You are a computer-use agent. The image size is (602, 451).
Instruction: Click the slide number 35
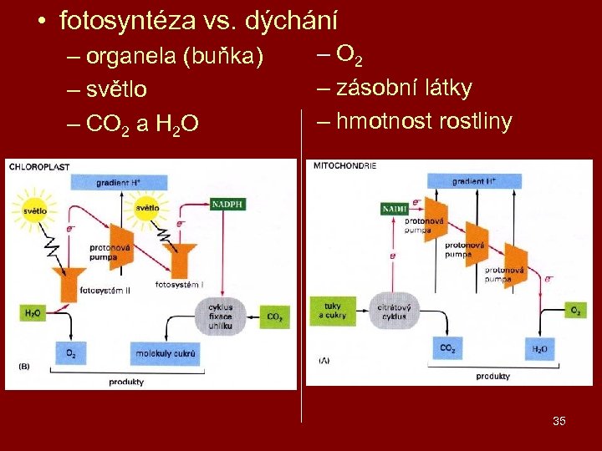point(559,421)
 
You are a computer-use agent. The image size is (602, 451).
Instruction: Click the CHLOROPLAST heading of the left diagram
point(39,166)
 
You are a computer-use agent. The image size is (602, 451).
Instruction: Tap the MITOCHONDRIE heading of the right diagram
point(344,165)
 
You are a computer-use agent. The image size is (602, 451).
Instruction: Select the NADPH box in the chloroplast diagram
point(228,203)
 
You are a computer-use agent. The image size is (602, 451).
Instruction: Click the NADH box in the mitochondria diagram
point(394,208)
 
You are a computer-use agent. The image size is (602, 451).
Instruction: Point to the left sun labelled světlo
point(34,210)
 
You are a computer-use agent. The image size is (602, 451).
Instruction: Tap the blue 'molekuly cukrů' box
point(168,353)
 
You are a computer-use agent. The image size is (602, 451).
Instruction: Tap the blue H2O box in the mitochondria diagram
point(539,349)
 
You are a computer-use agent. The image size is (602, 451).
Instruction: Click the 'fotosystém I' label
point(179,285)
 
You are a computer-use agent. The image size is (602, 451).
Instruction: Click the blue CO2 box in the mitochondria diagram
point(447,348)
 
